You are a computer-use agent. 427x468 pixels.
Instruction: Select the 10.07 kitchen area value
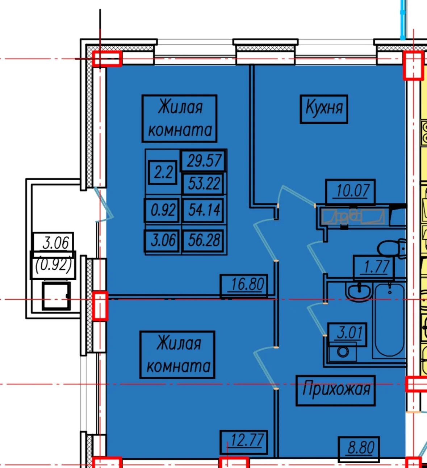(353, 191)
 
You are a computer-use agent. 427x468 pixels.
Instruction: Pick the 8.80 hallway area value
(361, 448)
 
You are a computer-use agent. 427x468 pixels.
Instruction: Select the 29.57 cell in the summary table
(204, 161)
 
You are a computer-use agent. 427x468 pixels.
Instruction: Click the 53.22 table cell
(204, 184)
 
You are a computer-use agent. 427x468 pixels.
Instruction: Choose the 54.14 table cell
(204, 210)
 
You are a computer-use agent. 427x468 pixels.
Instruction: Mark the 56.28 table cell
(204, 240)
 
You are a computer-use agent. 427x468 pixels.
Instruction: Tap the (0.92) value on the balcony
(54, 265)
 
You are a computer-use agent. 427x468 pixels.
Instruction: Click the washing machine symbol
(343, 351)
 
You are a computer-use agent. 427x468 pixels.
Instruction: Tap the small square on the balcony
(56, 296)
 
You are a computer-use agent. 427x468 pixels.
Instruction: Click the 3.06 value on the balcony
(55, 243)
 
